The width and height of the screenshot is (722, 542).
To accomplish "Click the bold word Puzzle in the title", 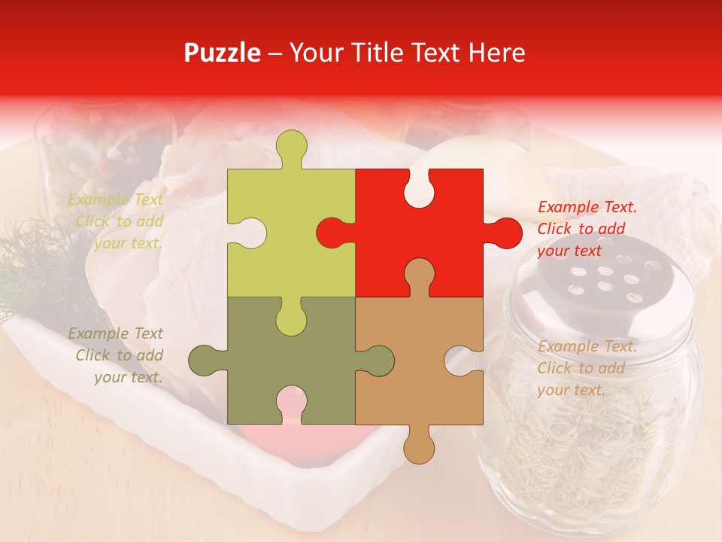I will coord(223,53).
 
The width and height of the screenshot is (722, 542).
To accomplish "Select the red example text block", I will coord(587,229).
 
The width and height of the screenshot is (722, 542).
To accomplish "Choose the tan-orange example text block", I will coord(587,368).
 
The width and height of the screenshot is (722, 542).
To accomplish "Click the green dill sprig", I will coord(38,271).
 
